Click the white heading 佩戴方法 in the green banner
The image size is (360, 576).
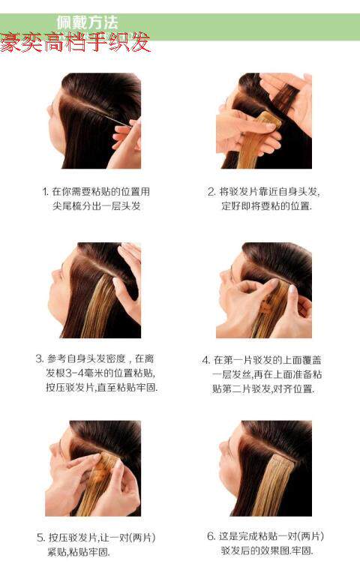point(88,22)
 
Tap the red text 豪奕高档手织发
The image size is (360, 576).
point(75,42)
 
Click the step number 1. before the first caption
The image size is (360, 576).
point(46,192)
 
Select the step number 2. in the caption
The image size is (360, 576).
point(211,192)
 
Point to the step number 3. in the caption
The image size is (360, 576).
point(40,359)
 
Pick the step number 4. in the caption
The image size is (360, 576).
point(206,360)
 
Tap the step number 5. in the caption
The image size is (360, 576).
point(40,538)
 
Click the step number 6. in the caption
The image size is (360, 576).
point(211,536)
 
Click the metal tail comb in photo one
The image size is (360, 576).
point(110,117)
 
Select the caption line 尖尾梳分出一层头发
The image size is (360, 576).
point(97,206)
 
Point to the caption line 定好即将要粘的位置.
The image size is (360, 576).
point(266,206)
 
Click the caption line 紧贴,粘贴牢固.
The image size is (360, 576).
point(79,552)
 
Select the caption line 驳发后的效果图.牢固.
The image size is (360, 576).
point(267,550)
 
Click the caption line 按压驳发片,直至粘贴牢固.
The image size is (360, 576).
point(101,388)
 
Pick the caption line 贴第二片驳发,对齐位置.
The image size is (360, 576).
point(263,388)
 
